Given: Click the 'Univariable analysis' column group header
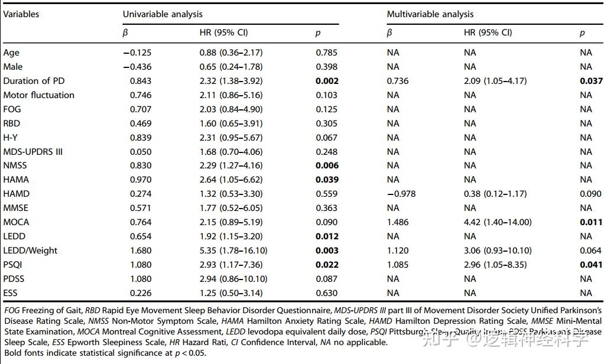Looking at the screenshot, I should point(163,14).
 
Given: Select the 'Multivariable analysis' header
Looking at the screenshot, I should point(430,14).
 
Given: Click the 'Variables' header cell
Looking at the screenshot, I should point(21,14).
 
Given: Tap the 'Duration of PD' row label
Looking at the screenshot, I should point(33,81).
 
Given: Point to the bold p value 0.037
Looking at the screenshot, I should point(591,81).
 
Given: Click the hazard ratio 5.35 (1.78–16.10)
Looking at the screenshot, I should point(233,251).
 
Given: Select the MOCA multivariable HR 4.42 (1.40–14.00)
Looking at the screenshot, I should point(498,222).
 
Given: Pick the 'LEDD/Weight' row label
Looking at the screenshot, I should point(30,251).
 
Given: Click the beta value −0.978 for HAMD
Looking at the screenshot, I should point(401,194).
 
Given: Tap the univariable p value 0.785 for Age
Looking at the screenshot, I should point(327,53).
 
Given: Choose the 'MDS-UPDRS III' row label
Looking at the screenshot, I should point(33,151).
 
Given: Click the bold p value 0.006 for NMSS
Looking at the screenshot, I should point(327,165).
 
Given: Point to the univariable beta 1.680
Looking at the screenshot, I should point(141,251).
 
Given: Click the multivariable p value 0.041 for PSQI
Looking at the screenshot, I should point(591,265).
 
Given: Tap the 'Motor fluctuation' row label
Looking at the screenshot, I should point(39,95).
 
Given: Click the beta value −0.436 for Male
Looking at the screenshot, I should point(137,67).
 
